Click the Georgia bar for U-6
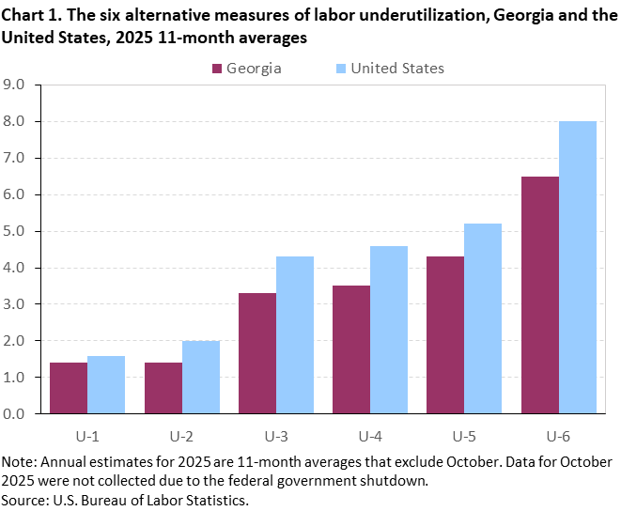539,295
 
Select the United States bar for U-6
577,268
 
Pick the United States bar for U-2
200,377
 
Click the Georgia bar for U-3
256,353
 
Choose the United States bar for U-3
294,335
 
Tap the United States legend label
397,68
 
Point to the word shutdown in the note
396,480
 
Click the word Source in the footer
25,498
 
